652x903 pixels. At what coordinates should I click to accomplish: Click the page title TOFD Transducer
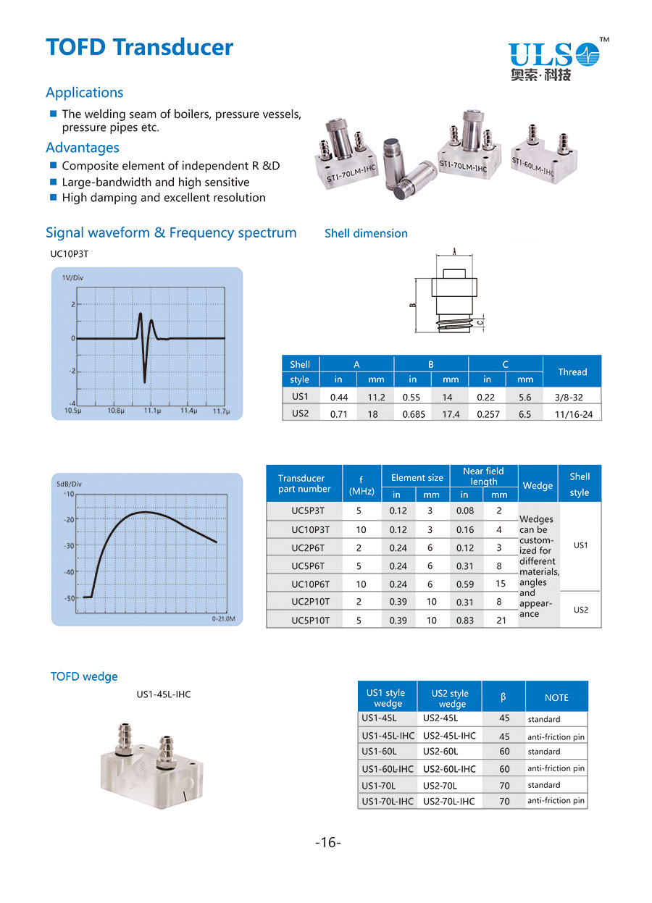pos(139,47)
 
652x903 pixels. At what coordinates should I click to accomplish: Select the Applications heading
pos(84,93)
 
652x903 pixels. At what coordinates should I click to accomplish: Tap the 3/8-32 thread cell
pos(567,397)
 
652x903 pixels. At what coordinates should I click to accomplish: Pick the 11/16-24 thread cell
pos(567,414)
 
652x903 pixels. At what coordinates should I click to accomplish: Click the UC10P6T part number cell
pos(310,584)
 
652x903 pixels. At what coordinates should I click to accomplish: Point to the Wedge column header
pos(538,485)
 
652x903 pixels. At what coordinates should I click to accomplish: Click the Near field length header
pos(483,476)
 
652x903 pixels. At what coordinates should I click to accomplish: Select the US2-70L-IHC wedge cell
pos(449,801)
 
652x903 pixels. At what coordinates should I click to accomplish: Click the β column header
pos(503,697)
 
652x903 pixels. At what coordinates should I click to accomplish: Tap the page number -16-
pos(327,842)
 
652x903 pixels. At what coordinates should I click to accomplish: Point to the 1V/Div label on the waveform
pos(72,278)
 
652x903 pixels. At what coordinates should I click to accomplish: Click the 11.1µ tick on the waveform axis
pos(151,411)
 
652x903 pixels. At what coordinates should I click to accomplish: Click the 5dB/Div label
pos(71,484)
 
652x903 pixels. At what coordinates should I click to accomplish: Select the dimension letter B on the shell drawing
pos(412,305)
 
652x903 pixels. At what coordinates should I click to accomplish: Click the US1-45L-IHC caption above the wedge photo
pos(164,694)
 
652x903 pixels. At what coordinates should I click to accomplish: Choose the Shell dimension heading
pos(366,233)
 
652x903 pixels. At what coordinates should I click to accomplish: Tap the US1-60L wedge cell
pos(378,752)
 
